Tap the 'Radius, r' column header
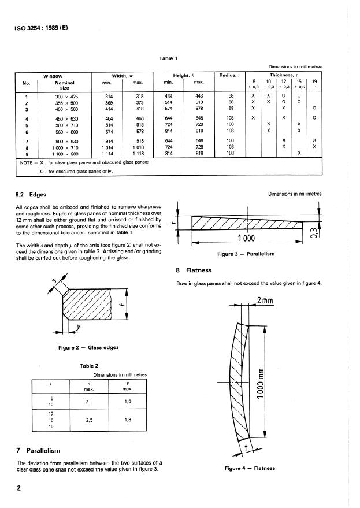pyautogui.click(x=231, y=76)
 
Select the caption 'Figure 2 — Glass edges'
pyautogui.click(x=88, y=347)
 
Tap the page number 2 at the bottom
pyautogui.click(x=19, y=488)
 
